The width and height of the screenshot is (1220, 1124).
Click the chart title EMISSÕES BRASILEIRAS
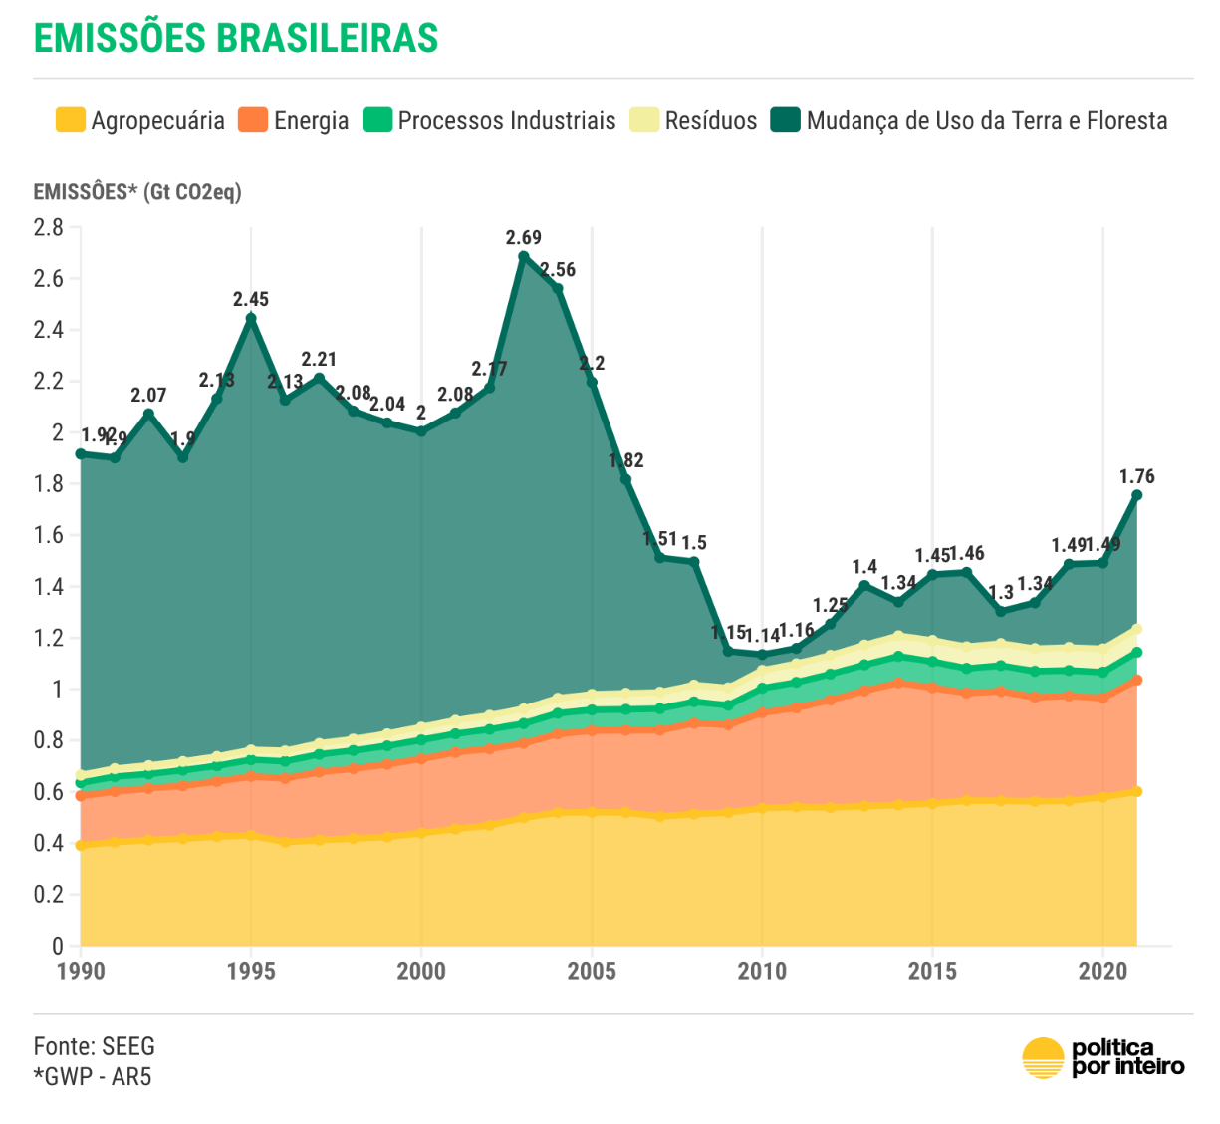point(236,38)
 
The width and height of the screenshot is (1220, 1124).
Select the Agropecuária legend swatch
point(70,121)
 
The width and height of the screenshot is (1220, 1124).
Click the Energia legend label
point(311,121)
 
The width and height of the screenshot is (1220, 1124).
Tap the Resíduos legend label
point(710,121)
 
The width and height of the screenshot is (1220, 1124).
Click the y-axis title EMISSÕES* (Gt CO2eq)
point(137,191)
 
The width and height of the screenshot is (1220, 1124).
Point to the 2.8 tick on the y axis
point(48,227)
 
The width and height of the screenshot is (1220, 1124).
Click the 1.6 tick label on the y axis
point(48,535)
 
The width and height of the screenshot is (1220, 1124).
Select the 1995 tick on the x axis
point(251,971)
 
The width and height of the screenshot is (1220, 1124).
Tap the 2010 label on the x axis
point(762,971)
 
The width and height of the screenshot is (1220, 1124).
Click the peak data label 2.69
point(523,237)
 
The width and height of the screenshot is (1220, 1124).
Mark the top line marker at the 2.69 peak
point(524,257)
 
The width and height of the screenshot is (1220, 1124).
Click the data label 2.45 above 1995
point(251,299)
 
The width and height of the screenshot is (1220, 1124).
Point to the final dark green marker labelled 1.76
point(1136,495)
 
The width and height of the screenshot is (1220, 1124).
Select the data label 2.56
point(558,270)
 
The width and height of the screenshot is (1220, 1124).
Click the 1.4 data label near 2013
point(864,567)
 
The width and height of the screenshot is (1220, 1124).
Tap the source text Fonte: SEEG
point(95,1046)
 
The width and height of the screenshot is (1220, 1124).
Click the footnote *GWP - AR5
point(93,1076)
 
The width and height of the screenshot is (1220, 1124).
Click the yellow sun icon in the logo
point(1044,1058)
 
